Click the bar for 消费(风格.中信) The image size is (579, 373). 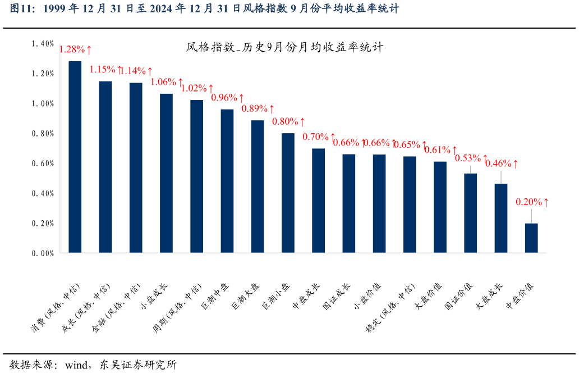75,157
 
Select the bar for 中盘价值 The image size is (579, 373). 531,238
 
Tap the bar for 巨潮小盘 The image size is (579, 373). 288,193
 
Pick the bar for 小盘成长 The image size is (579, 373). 166,174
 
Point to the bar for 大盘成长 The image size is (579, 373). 501,219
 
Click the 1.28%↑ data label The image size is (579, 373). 76,49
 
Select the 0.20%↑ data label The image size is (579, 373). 532,202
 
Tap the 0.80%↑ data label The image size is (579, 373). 288,121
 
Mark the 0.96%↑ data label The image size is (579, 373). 227,97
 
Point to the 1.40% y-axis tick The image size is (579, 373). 43,43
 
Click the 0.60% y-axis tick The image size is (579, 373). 43,163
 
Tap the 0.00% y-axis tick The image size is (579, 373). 43,253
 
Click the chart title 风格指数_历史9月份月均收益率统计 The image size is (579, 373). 284,47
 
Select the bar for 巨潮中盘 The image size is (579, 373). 227,181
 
